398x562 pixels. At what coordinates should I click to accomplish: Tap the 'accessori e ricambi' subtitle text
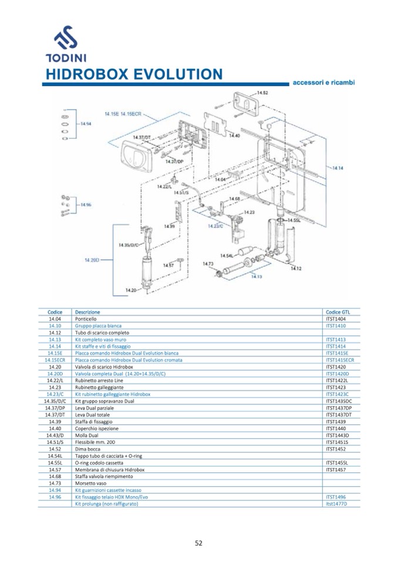pos(323,83)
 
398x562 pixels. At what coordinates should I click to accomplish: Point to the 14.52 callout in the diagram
pos(262,93)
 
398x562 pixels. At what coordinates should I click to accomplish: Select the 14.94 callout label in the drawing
pos(86,124)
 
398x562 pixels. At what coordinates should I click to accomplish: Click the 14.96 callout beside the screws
pos(86,205)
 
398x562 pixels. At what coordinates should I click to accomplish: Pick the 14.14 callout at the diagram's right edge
pos(338,168)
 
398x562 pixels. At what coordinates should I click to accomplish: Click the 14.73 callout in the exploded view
pos(207,264)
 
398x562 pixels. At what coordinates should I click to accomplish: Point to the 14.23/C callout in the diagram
pos(215,225)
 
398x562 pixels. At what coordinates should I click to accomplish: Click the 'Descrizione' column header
pos(87,312)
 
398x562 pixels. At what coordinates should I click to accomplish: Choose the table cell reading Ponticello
pos(86,319)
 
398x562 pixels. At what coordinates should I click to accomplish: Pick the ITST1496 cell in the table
pos(336,496)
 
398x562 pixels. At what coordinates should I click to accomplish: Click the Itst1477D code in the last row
pos(336,503)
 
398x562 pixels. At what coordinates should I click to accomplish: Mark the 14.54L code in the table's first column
pos(55,456)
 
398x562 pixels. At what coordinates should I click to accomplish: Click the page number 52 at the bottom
pos(198,543)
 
